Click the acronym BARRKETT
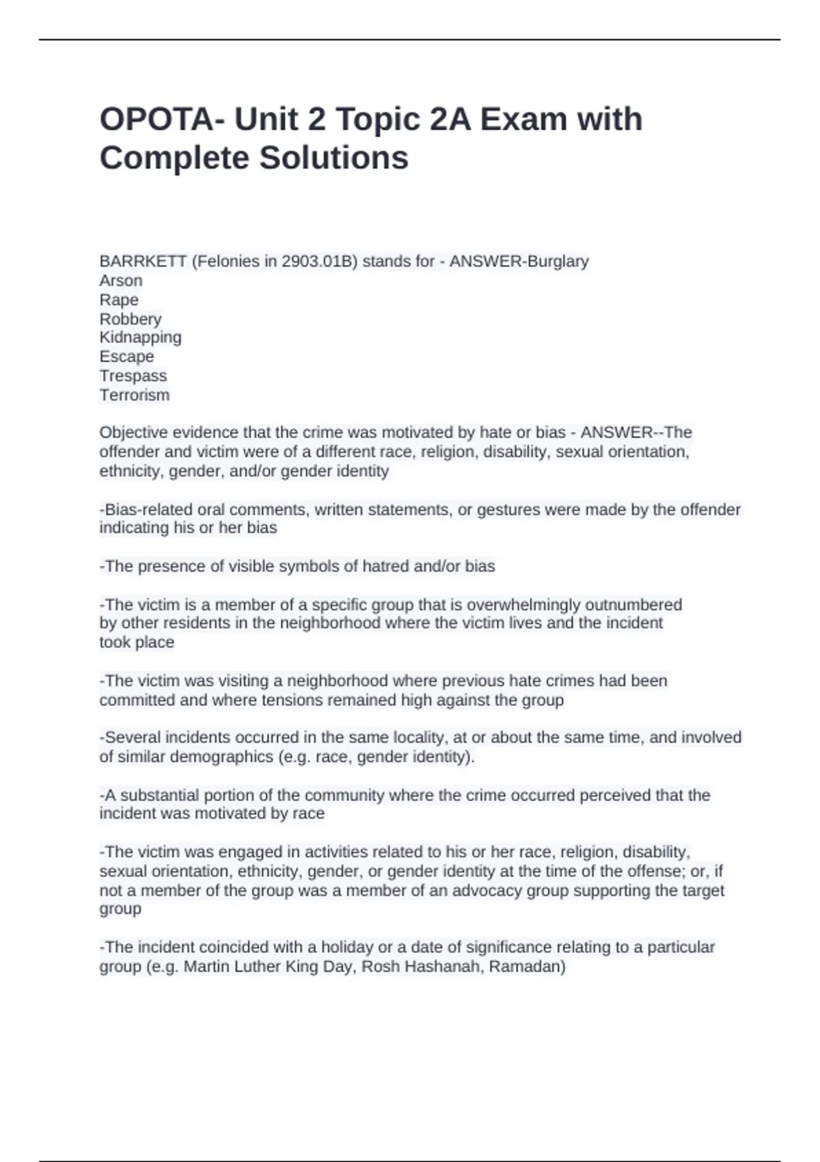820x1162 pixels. coord(143,261)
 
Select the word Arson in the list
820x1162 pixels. coord(121,280)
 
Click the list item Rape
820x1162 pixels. coord(119,299)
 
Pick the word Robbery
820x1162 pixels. coord(131,319)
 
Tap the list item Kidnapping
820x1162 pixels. coord(140,337)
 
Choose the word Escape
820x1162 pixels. coord(126,356)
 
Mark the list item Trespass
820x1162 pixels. coord(133,375)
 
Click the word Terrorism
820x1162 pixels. coord(135,394)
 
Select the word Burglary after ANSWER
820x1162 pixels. coord(556,261)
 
